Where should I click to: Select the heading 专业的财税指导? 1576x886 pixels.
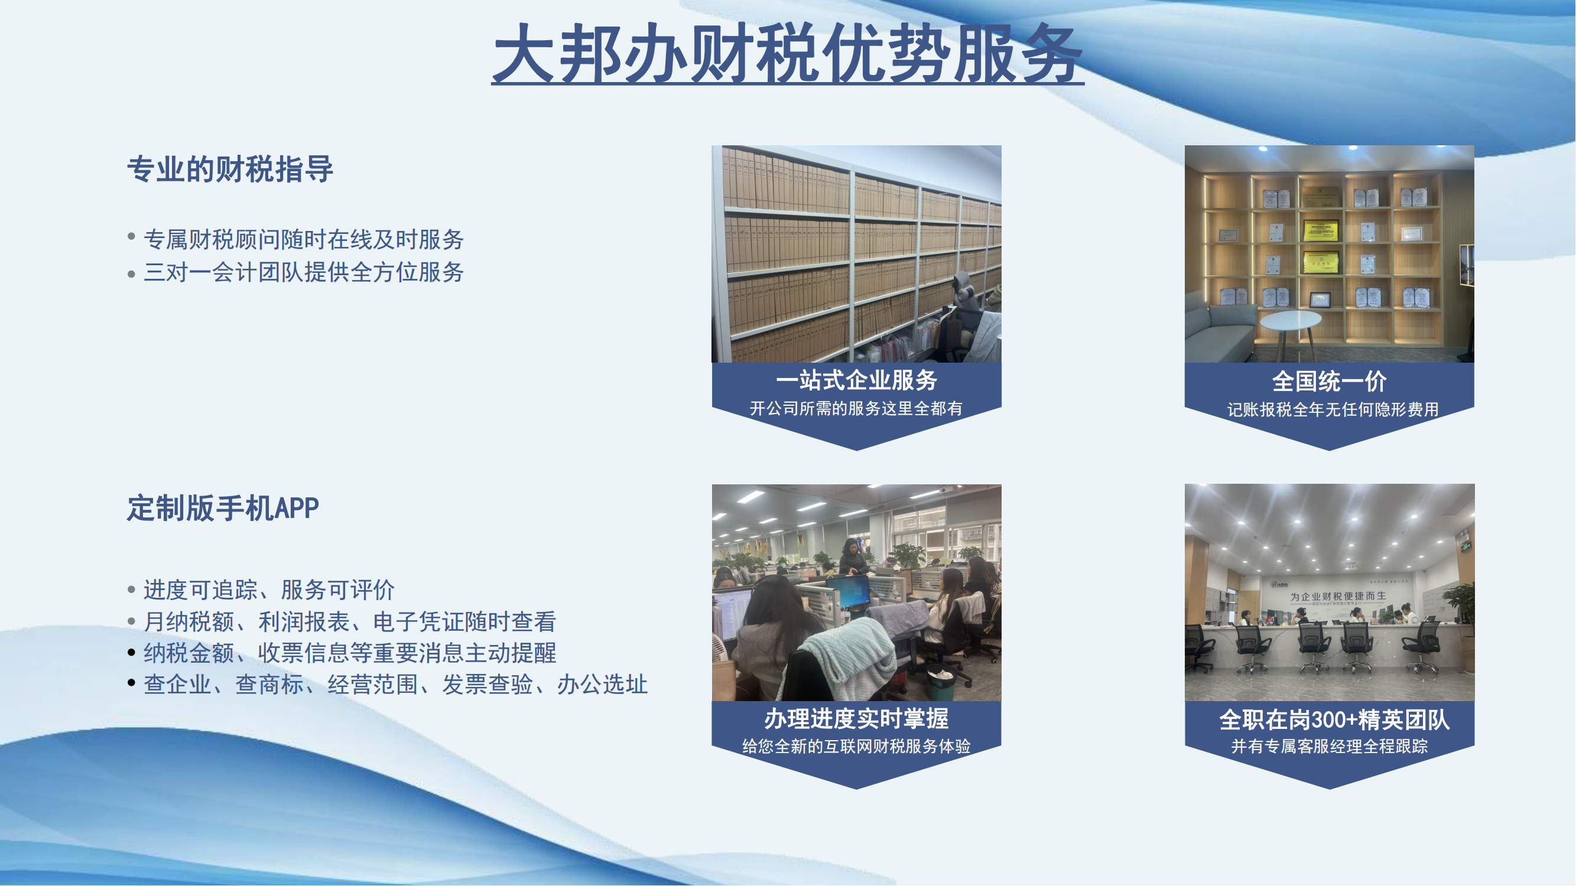(x=230, y=170)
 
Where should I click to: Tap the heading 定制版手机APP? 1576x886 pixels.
(x=223, y=508)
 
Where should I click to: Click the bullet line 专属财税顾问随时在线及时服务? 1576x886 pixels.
(x=304, y=239)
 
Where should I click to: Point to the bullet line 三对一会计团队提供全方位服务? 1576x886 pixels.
(x=304, y=272)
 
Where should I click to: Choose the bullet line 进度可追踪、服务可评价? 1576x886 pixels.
(x=269, y=590)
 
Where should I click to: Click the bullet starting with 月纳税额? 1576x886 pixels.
(x=350, y=622)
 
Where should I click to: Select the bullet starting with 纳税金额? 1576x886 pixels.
(x=350, y=653)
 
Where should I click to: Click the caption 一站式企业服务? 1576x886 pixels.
(x=856, y=380)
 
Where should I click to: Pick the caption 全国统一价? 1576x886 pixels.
(x=1330, y=382)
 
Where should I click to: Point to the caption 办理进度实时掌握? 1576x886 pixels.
(x=856, y=719)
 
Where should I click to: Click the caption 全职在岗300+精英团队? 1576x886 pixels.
(x=1334, y=720)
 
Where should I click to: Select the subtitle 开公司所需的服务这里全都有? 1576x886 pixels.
(x=856, y=409)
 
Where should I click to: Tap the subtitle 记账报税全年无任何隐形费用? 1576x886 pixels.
(x=1333, y=410)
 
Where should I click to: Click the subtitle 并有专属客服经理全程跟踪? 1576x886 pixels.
(x=1330, y=747)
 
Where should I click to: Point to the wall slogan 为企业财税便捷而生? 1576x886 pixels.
(x=1338, y=596)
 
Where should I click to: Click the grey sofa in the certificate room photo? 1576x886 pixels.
(x=1220, y=330)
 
